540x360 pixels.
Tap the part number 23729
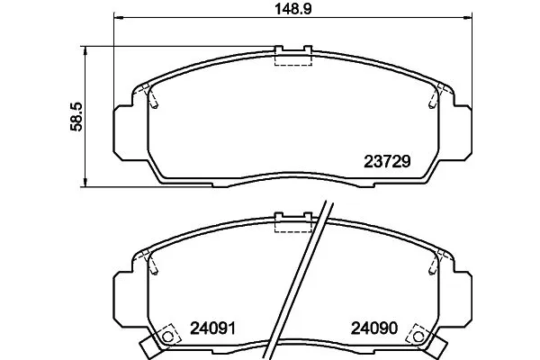(x=387, y=163)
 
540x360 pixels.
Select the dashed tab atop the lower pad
(x=292, y=225)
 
